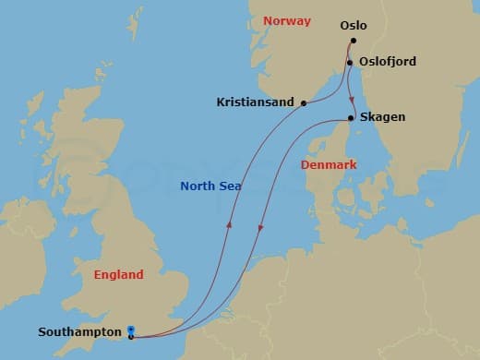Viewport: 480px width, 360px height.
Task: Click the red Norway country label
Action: click(x=287, y=20)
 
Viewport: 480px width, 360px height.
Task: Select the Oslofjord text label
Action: click(x=388, y=62)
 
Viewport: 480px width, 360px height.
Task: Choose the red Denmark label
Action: click(x=330, y=164)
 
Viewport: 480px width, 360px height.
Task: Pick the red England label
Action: click(x=119, y=274)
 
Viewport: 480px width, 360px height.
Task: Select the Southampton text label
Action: click(x=79, y=331)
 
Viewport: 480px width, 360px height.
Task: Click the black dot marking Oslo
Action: click(x=354, y=42)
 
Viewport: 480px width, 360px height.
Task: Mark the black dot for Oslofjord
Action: click(x=350, y=63)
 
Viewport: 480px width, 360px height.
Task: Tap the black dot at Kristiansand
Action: click(x=304, y=103)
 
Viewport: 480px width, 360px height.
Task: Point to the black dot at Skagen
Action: click(x=352, y=118)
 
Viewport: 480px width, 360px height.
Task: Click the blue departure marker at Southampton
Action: click(x=131, y=330)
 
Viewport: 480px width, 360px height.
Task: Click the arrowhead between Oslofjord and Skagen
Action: click(x=353, y=100)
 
